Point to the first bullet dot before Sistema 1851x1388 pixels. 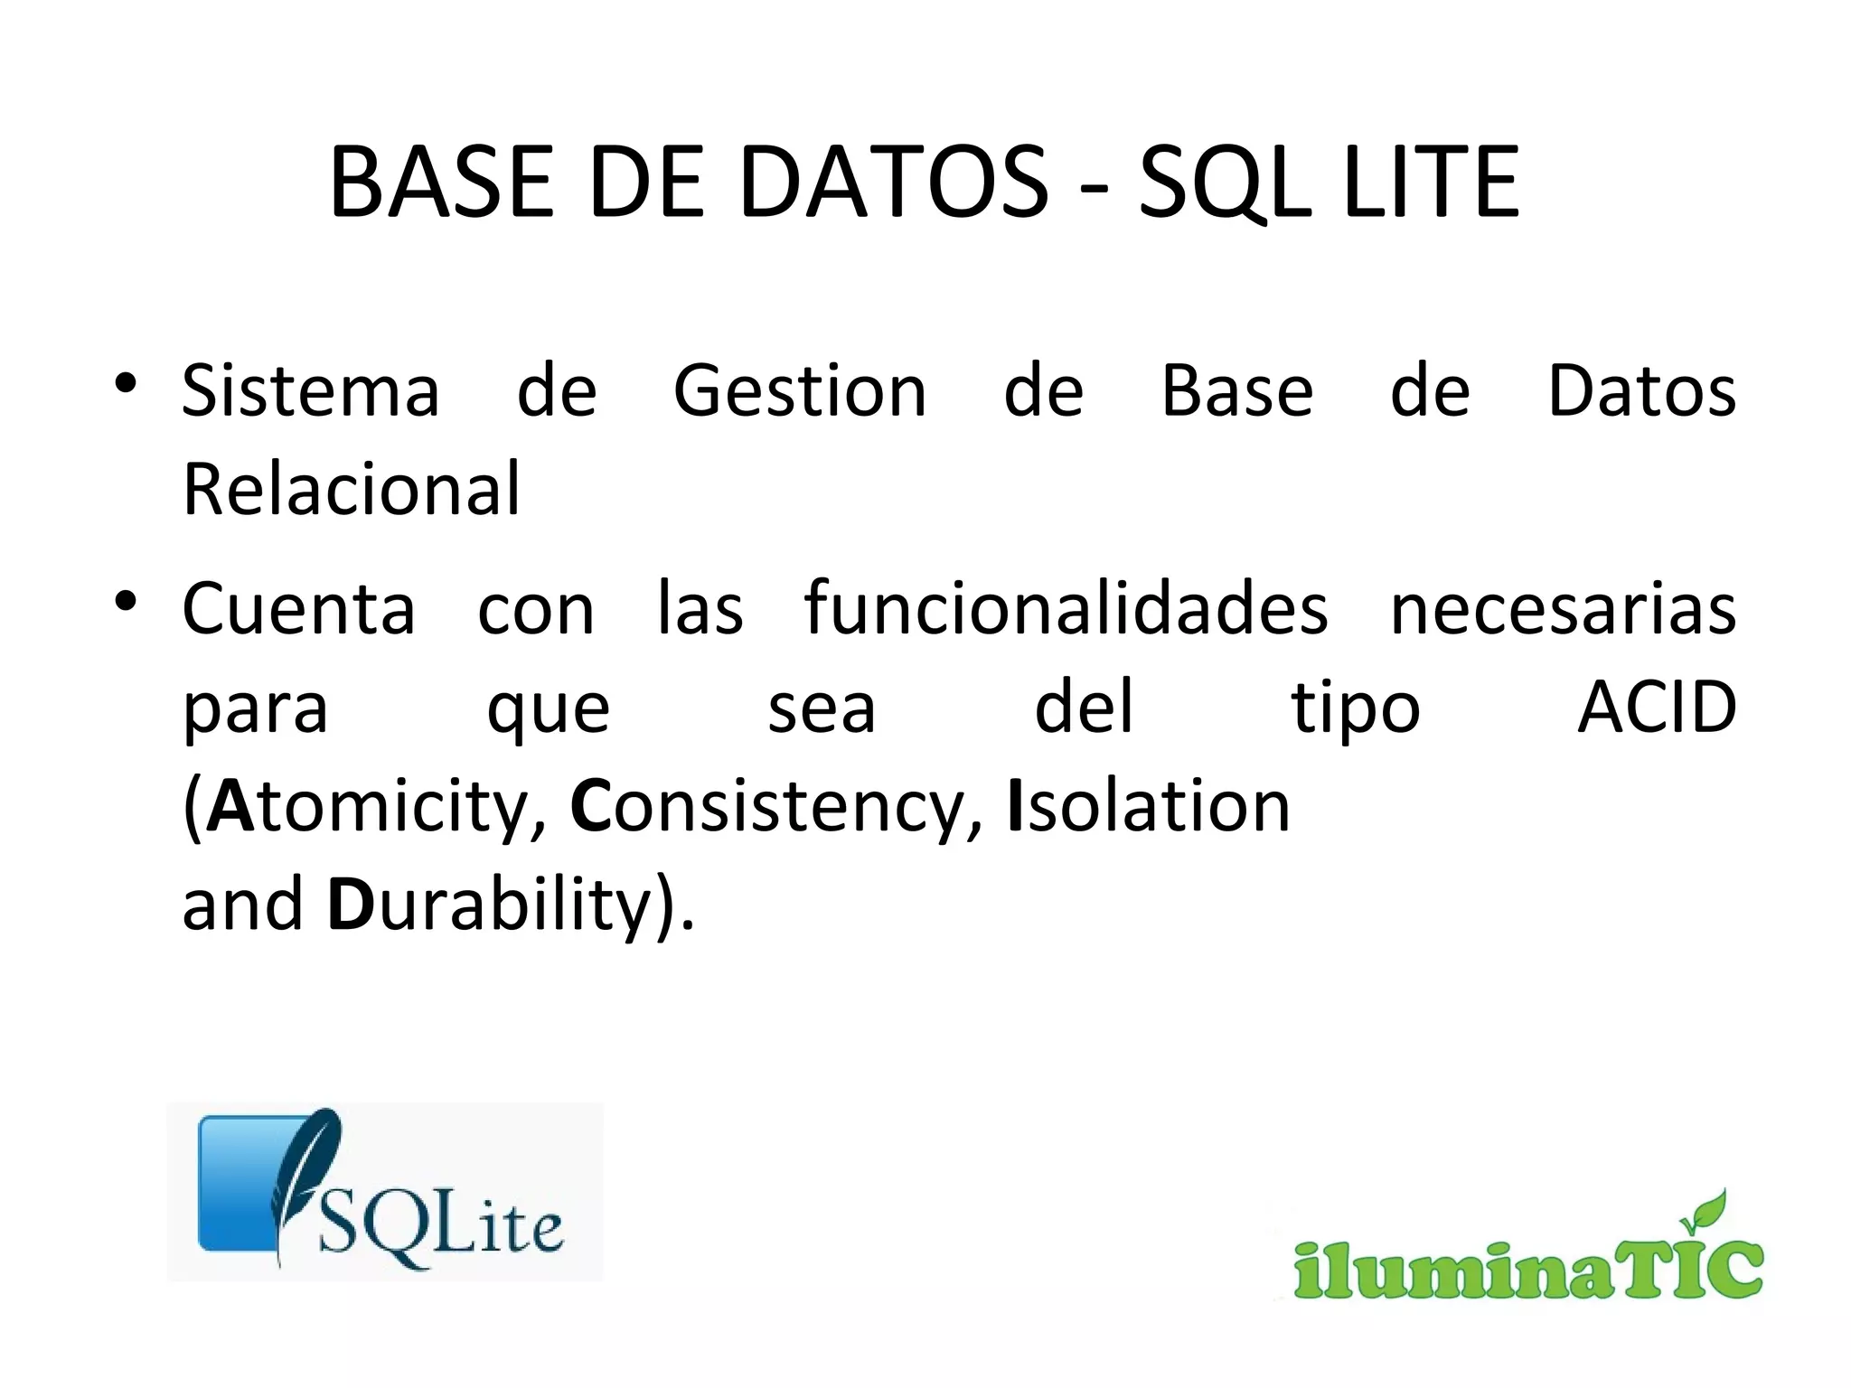click(x=126, y=383)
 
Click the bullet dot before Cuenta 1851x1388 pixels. click(x=126, y=600)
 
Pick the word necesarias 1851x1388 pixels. click(x=1563, y=610)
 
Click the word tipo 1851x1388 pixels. click(x=1355, y=709)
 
